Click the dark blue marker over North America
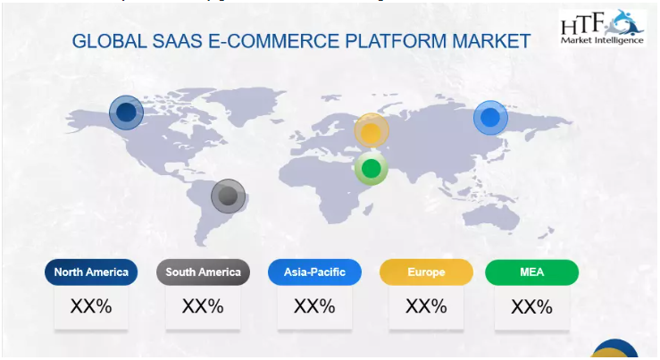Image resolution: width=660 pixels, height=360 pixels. (x=126, y=113)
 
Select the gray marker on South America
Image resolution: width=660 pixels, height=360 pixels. (x=228, y=196)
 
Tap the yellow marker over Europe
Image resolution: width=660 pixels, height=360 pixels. (x=372, y=132)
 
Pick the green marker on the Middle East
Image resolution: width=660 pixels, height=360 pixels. (x=371, y=167)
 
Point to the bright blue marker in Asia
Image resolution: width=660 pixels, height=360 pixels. (x=489, y=117)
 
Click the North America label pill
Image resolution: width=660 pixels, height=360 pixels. (x=91, y=272)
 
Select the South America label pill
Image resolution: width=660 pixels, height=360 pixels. (x=203, y=272)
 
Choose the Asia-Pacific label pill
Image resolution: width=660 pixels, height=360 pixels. (x=313, y=272)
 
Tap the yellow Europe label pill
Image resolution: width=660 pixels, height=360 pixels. (x=425, y=272)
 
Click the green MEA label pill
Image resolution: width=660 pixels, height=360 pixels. (x=532, y=272)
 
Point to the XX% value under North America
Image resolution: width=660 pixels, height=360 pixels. (x=91, y=306)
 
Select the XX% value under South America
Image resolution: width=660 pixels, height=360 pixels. (x=203, y=306)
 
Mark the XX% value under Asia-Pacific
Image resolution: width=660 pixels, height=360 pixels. (x=313, y=306)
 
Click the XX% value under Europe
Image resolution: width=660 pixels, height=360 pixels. (x=425, y=306)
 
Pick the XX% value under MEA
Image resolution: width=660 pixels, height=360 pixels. (x=532, y=307)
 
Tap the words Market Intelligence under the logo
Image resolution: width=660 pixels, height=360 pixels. (x=602, y=41)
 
